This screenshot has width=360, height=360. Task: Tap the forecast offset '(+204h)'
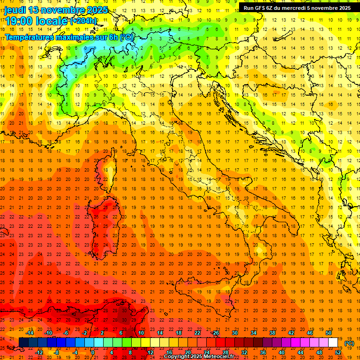[83, 21]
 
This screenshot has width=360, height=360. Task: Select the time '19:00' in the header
[19, 21]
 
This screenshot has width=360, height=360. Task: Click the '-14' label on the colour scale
[30, 333]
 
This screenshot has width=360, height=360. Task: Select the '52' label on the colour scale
[338, 352]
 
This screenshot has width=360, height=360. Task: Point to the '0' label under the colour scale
[93, 352]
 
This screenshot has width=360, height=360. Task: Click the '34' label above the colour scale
[253, 333]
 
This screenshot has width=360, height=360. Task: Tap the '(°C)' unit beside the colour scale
[349, 343]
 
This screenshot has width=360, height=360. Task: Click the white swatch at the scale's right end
[333, 343]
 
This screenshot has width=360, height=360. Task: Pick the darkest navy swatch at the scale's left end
[23, 343]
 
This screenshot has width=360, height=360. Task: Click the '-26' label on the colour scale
[215, 333]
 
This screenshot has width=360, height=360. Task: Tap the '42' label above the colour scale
[291, 333]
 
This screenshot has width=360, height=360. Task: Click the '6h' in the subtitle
[114, 37]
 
